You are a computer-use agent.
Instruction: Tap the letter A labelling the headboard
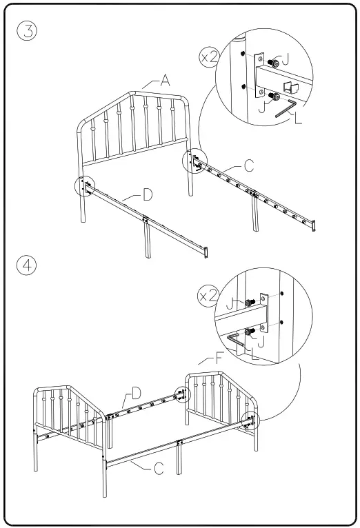click(165, 81)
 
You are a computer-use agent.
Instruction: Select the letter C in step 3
click(248, 165)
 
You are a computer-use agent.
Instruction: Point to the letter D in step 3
click(147, 194)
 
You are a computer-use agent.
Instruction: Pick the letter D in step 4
click(136, 393)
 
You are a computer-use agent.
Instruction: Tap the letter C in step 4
click(158, 468)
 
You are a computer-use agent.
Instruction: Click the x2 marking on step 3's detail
click(209, 57)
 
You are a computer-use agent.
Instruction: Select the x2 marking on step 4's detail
click(208, 296)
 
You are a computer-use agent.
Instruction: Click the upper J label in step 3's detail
click(285, 60)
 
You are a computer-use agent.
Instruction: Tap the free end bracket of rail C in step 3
click(314, 225)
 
